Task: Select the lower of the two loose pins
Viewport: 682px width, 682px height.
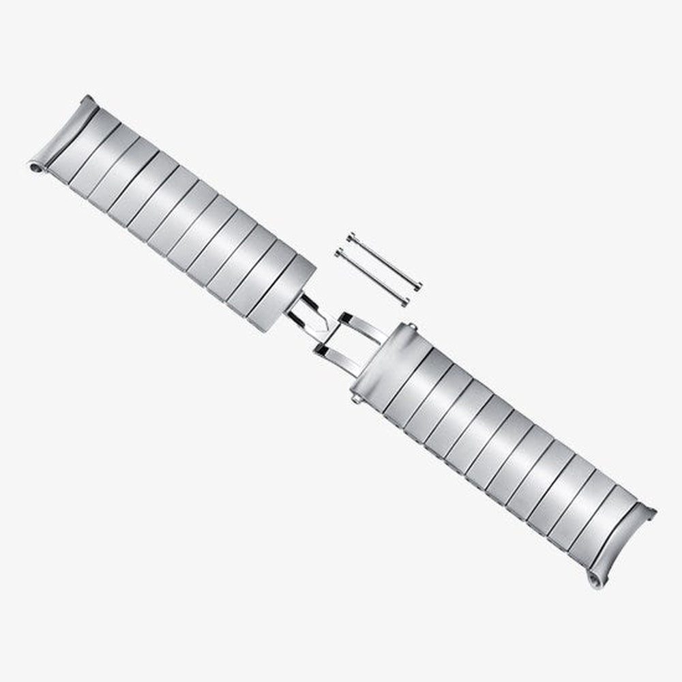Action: click(372, 276)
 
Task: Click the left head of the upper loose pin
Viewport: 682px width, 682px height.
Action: click(350, 237)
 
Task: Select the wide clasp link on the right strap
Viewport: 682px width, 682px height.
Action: click(389, 361)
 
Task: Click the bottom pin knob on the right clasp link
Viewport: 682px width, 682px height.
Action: click(355, 398)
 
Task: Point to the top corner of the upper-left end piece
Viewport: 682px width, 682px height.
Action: click(87, 98)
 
